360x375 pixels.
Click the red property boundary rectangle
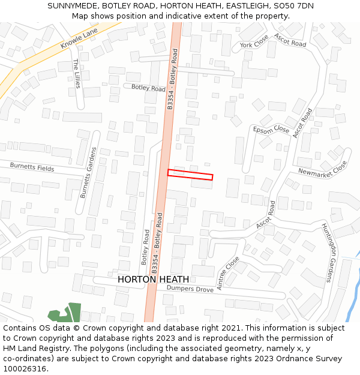point(190,175)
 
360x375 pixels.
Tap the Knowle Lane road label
point(79,40)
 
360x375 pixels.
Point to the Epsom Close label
point(271,130)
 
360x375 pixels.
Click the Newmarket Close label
point(323,170)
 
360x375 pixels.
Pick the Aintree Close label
point(228,273)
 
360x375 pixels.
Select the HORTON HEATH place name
point(153,279)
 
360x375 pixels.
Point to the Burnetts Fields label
point(32,166)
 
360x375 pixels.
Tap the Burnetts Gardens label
point(88,173)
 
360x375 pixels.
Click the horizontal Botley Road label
point(148,88)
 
